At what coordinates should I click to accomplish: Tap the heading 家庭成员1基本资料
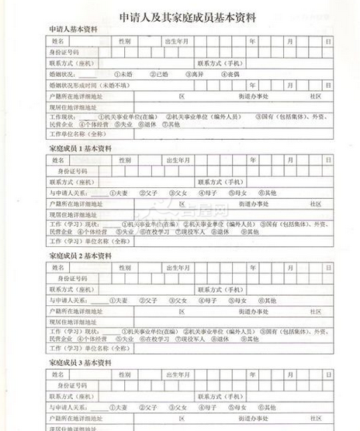tap(81, 147)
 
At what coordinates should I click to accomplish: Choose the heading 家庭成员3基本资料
tap(81, 362)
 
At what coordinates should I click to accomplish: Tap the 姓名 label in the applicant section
tap(58, 40)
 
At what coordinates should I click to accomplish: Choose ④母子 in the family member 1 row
tap(206, 193)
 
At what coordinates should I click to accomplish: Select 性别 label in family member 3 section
tap(124, 374)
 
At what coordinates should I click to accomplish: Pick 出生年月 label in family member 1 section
tap(177, 159)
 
